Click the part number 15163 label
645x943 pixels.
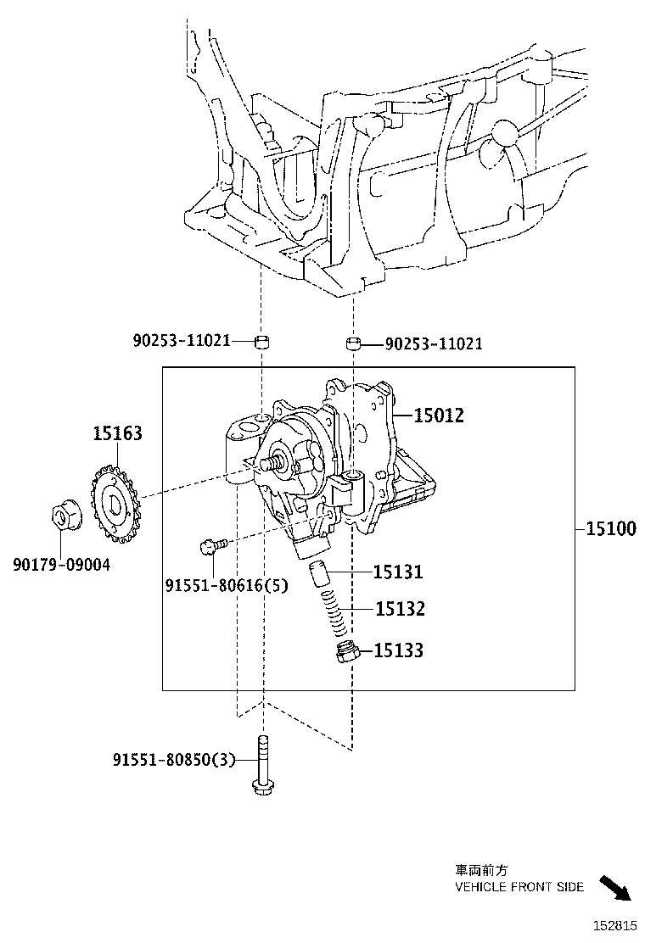pos(117,434)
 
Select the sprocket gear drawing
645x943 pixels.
pos(112,505)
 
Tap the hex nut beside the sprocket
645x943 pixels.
pos(64,516)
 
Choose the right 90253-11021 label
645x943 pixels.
pos(434,343)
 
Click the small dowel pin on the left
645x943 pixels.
pos(263,342)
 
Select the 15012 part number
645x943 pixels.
pos(439,416)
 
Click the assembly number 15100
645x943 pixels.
pos(610,529)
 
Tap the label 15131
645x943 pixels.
pos(399,572)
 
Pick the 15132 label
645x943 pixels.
pos(400,609)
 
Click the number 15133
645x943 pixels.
pos(399,650)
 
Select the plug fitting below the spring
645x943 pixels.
pos(346,653)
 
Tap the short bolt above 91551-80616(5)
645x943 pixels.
pos(211,545)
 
